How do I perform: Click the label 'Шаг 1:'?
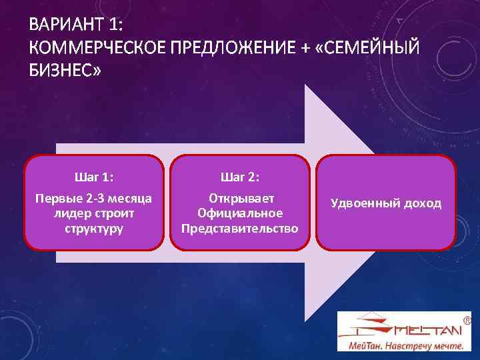click(x=94, y=177)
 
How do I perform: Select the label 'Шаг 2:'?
click(x=240, y=177)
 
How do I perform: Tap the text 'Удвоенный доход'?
click(x=385, y=203)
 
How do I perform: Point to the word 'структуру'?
click(x=94, y=227)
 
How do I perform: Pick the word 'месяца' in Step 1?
click(x=131, y=199)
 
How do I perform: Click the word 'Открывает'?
click(x=240, y=199)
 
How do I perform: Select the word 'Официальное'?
click(x=240, y=213)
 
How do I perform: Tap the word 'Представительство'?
click(x=240, y=227)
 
